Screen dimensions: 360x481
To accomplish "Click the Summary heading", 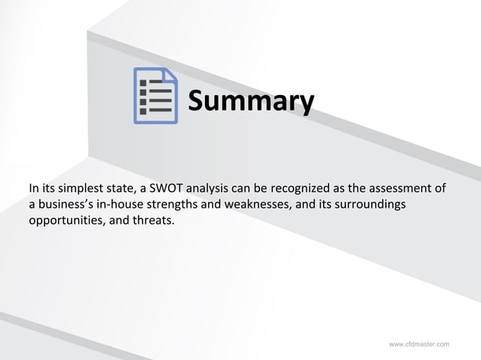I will pos(250,101).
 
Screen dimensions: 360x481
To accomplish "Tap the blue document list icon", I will pos(155,96).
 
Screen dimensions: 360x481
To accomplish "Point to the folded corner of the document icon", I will pos(170,75).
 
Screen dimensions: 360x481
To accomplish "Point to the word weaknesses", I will pos(258,204).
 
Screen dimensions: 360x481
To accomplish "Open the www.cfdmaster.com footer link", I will pos(418,344).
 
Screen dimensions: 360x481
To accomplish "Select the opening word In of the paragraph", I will pos(33,188).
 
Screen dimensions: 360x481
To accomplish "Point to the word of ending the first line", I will pos(441,188).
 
